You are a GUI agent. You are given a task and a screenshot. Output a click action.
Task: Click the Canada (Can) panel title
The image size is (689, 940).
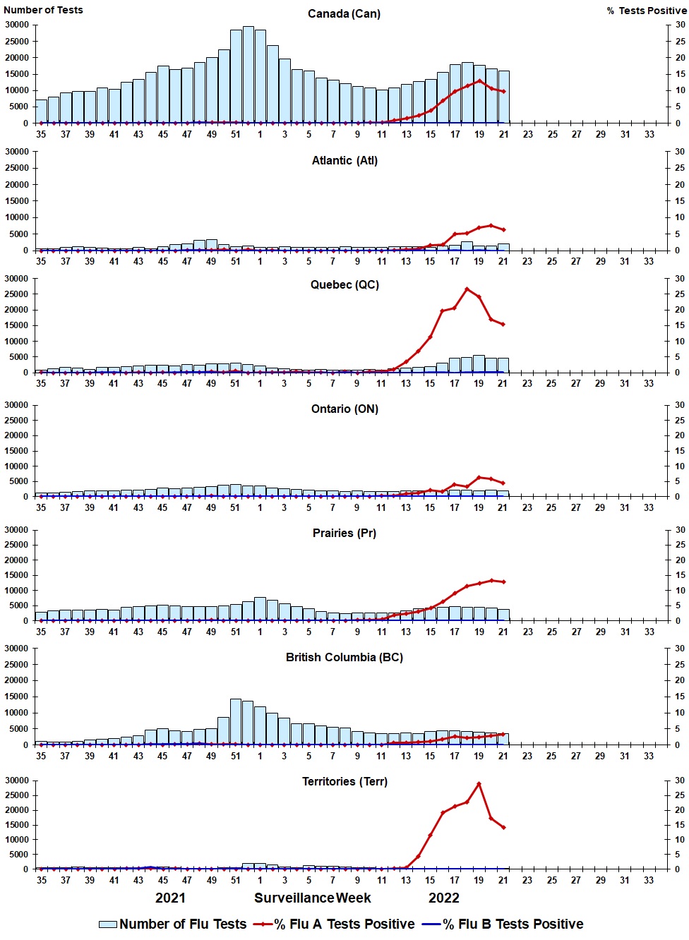[x=344, y=14]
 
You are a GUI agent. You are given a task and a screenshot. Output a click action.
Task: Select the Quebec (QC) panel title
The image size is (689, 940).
[x=344, y=285]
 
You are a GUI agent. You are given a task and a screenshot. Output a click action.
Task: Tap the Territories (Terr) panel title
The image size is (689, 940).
[x=344, y=781]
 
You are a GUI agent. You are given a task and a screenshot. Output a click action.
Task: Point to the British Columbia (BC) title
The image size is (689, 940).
[x=344, y=657]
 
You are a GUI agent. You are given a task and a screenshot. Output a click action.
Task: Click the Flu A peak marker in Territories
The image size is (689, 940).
[x=479, y=784]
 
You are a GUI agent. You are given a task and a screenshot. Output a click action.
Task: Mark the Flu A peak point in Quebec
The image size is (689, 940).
[x=467, y=289]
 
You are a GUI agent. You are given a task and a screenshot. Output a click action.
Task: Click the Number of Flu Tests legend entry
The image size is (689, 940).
[x=173, y=924]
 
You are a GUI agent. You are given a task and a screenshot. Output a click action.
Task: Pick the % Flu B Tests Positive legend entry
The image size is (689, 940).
[x=503, y=924]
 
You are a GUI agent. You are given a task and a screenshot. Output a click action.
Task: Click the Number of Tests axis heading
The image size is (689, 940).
[x=43, y=10]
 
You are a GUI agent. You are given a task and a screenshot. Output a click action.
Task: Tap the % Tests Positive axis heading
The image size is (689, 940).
[x=647, y=11]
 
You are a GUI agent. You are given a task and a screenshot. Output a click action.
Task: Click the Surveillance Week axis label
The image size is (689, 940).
[x=313, y=898]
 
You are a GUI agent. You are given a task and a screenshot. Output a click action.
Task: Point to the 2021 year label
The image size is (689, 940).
[x=170, y=898]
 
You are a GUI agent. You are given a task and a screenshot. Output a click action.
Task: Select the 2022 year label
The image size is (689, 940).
[x=444, y=898]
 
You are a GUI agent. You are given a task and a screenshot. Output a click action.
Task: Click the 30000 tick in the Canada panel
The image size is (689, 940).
[x=17, y=25]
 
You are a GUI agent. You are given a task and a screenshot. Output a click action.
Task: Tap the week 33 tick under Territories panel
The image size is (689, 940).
[x=649, y=880]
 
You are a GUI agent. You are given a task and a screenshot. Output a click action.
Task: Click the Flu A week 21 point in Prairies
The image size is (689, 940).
[x=503, y=582]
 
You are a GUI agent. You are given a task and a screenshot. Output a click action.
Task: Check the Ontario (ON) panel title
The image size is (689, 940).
[x=344, y=409]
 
